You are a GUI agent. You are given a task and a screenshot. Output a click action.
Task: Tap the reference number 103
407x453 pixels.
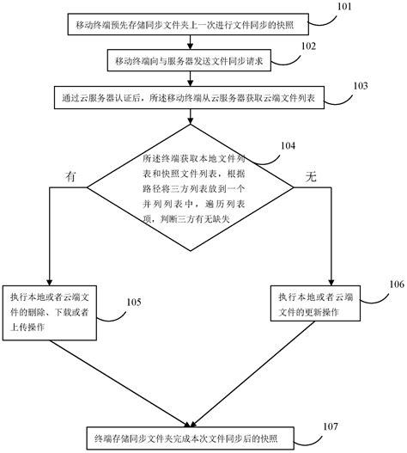(x=360, y=86)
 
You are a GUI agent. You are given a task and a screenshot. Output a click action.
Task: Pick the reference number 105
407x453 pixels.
(x=134, y=302)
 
